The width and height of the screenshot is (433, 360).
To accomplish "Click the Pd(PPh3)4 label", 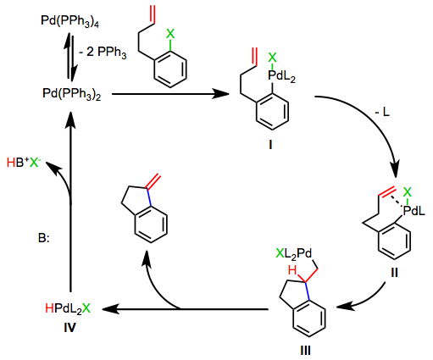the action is pyautogui.click(x=70, y=21).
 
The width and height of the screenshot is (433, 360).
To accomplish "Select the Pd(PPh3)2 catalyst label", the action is pyautogui.click(x=72, y=94).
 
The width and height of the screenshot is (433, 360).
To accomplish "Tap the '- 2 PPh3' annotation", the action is pyautogui.click(x=103, y=53).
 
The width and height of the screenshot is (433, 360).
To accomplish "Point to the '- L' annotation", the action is pyautogui.click(x=382, y=113).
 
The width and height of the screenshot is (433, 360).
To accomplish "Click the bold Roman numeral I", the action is pyautogui.click(x=270, y=145).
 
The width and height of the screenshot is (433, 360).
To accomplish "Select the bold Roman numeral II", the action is pyautogui.click(x=394, y=273).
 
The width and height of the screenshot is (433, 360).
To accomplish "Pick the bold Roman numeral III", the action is pyautogui.click(x=306, y=351).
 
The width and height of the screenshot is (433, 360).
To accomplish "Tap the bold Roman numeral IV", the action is pyautogui.click(x=69, y=328).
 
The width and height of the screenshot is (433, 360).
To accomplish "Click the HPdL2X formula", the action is pyautogui.click(x=68, y=309).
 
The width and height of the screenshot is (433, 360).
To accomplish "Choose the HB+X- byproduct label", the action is pyautogui.click(x=22, y=163).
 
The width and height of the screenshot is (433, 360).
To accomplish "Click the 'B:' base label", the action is pyautogui.click(x=44, y=238).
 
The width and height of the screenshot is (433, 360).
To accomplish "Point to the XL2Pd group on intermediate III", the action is pyautogui.click(x=293, y=254).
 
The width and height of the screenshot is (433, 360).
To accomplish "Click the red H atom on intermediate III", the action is pyautogui.click(x=292, y=270).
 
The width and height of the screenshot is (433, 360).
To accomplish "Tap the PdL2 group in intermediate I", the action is pyautogui.click(x=281, y=76).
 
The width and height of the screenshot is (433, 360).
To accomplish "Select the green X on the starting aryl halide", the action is pyautogui.click(x=170, y=34).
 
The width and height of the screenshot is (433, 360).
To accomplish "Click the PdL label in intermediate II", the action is pyautogui.click(x=414, y=211).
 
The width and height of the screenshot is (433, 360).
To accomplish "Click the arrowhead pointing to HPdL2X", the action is pyautogui.click(x=109, y=309).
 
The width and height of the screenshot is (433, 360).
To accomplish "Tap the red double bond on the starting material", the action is pyautogui.click(x=153, y=14).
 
